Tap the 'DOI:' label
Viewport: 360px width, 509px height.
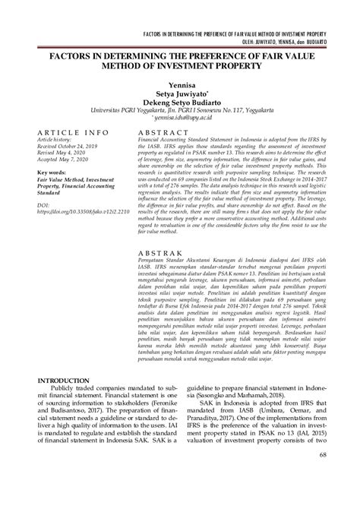[43, 205]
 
